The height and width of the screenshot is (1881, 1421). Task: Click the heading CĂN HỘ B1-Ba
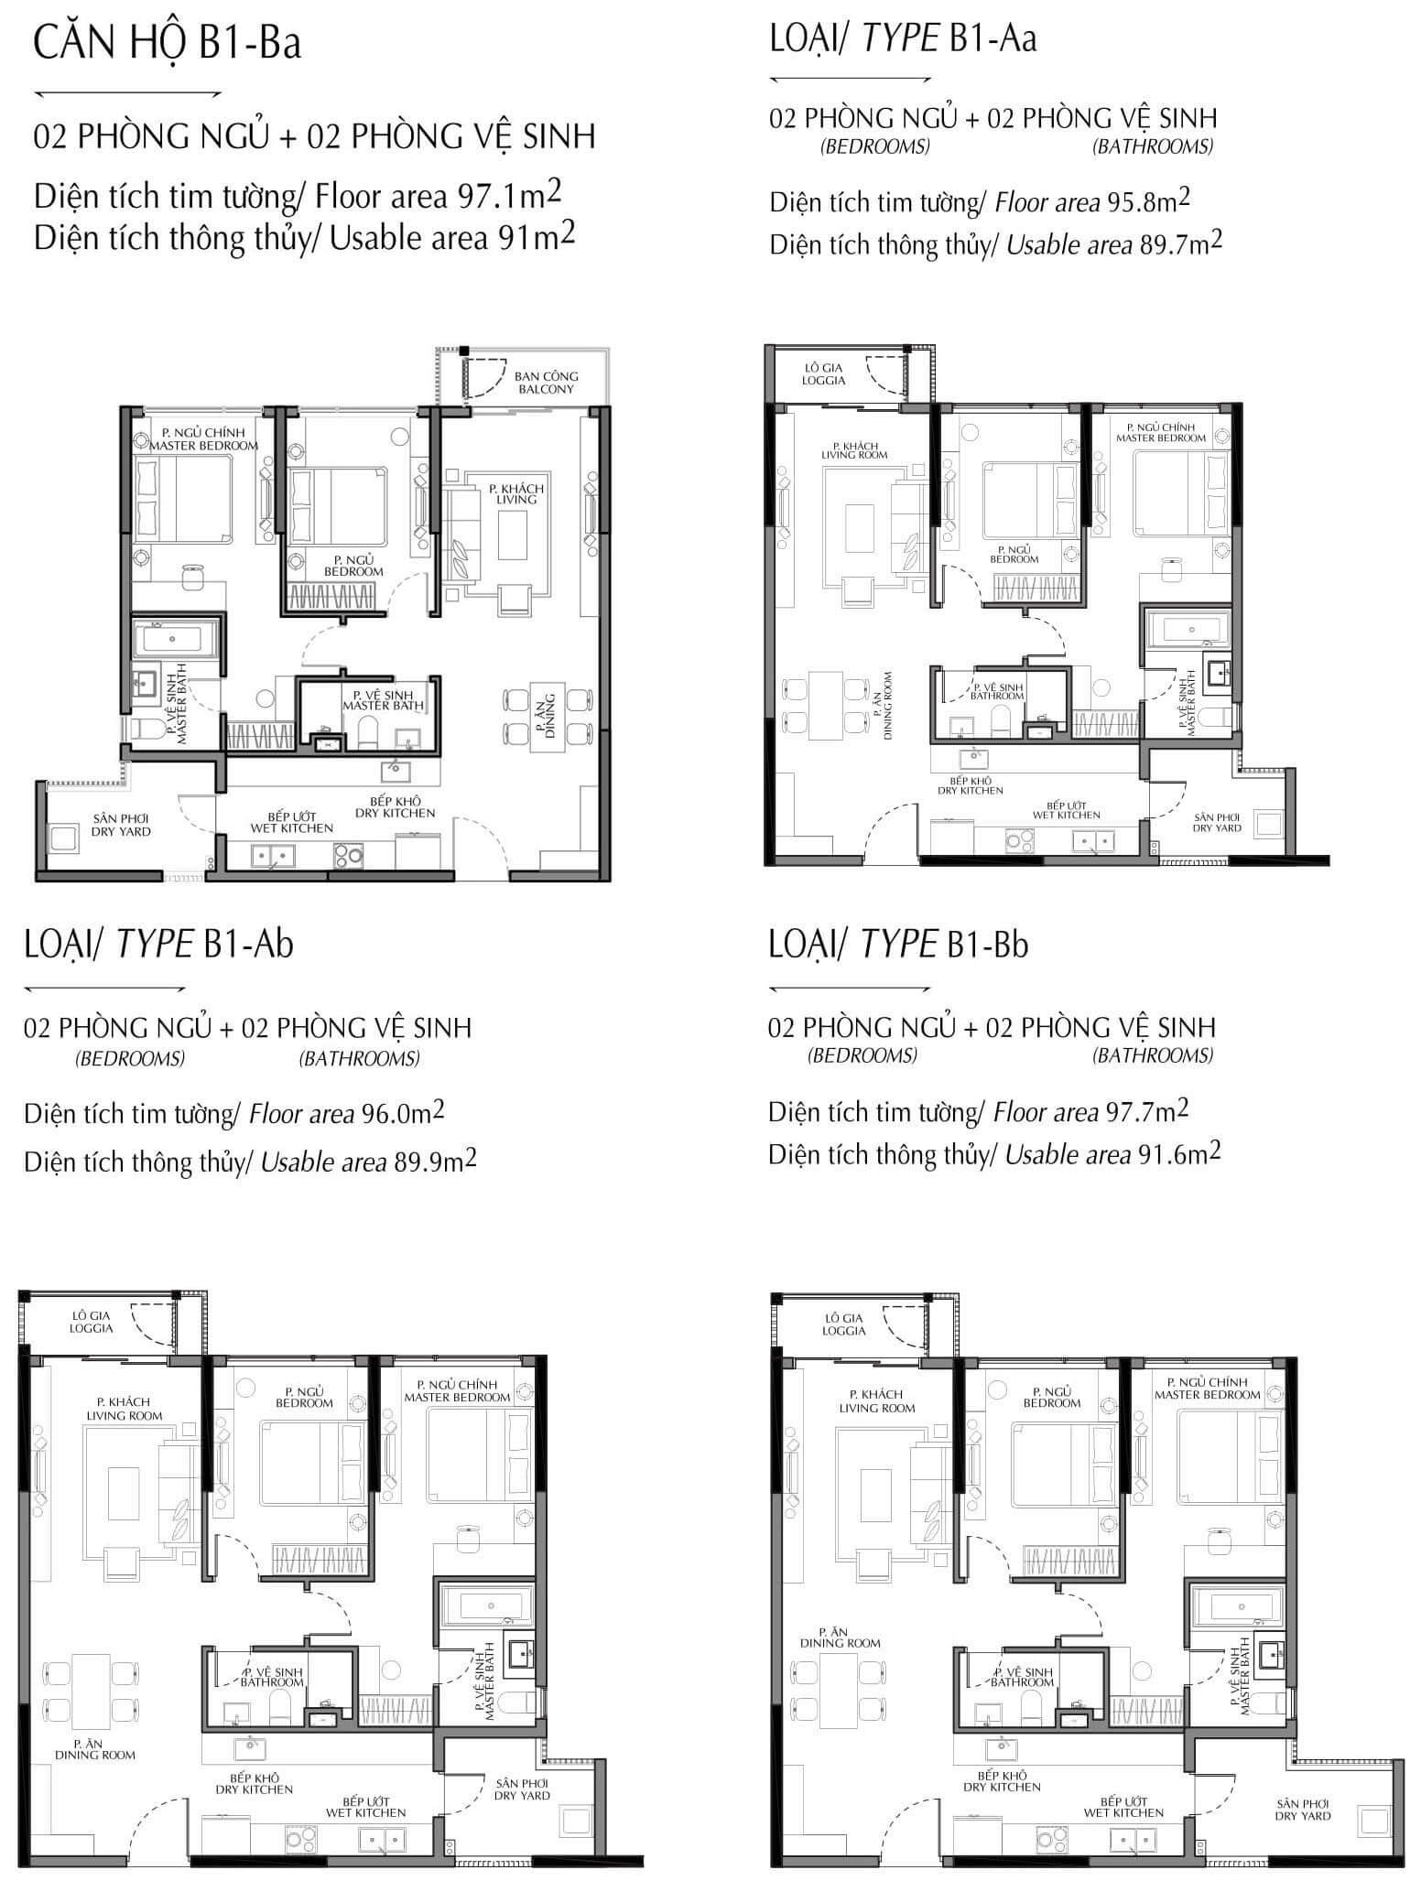tap(168, 45)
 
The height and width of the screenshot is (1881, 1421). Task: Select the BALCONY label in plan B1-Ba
tap(546, 389)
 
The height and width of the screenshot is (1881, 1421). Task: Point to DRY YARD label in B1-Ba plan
tap(121, 832)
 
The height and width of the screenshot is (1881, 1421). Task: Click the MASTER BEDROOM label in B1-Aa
tap(1161, 438)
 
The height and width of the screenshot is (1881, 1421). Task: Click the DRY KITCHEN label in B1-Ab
tap(255, 1789)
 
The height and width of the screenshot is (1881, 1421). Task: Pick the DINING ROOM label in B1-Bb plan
tap(841, 1643)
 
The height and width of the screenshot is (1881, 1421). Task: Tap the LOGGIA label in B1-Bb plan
tap(844, 1331)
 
